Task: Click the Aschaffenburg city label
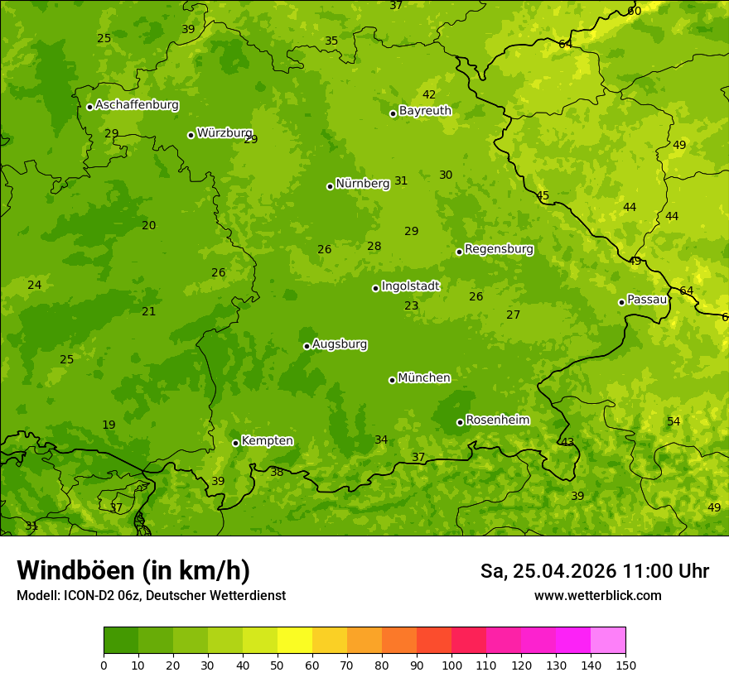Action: pyautogui.click(x=137, y=105)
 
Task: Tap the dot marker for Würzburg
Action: pyautogui.click(x=191, y=135)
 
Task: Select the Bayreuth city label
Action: pyautogui.click(x=425, y=110)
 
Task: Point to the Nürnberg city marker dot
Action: pyautogui.click(x=330, y=186)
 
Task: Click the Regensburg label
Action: pyautogui.click(x=499, y=248)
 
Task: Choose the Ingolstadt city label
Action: pyautogui.click(x=410, y=286)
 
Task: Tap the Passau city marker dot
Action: pyautogui.click(x=621, y=302)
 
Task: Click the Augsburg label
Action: pyautogui.click(x=340, y=343)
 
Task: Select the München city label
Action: pyautogui.click(x=424, y=377)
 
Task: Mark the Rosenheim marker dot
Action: pyautogui.click(x=460, y=423)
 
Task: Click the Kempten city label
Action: pyautogui.click(x=267, y=440)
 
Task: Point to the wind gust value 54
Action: pyautogui.click(x=673, y=421)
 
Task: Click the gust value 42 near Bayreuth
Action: pyautogui.click(x=429, y=94)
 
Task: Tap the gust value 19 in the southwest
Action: pyautogui.click(x=109, y=425)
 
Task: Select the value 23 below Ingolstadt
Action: pyautogui.click(x=412, y=305)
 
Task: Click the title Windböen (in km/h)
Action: pyautogui.click(x=133, y=570)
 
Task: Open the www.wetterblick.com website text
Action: pyautogui.click(x=597, y=595)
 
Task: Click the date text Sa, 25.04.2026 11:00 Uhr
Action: pyautogui.click(x=594, y=571)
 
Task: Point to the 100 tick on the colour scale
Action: pyautogui.click(x=451, y=665)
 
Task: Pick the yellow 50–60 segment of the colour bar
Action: pyautogui.click(x=295, y=641)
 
